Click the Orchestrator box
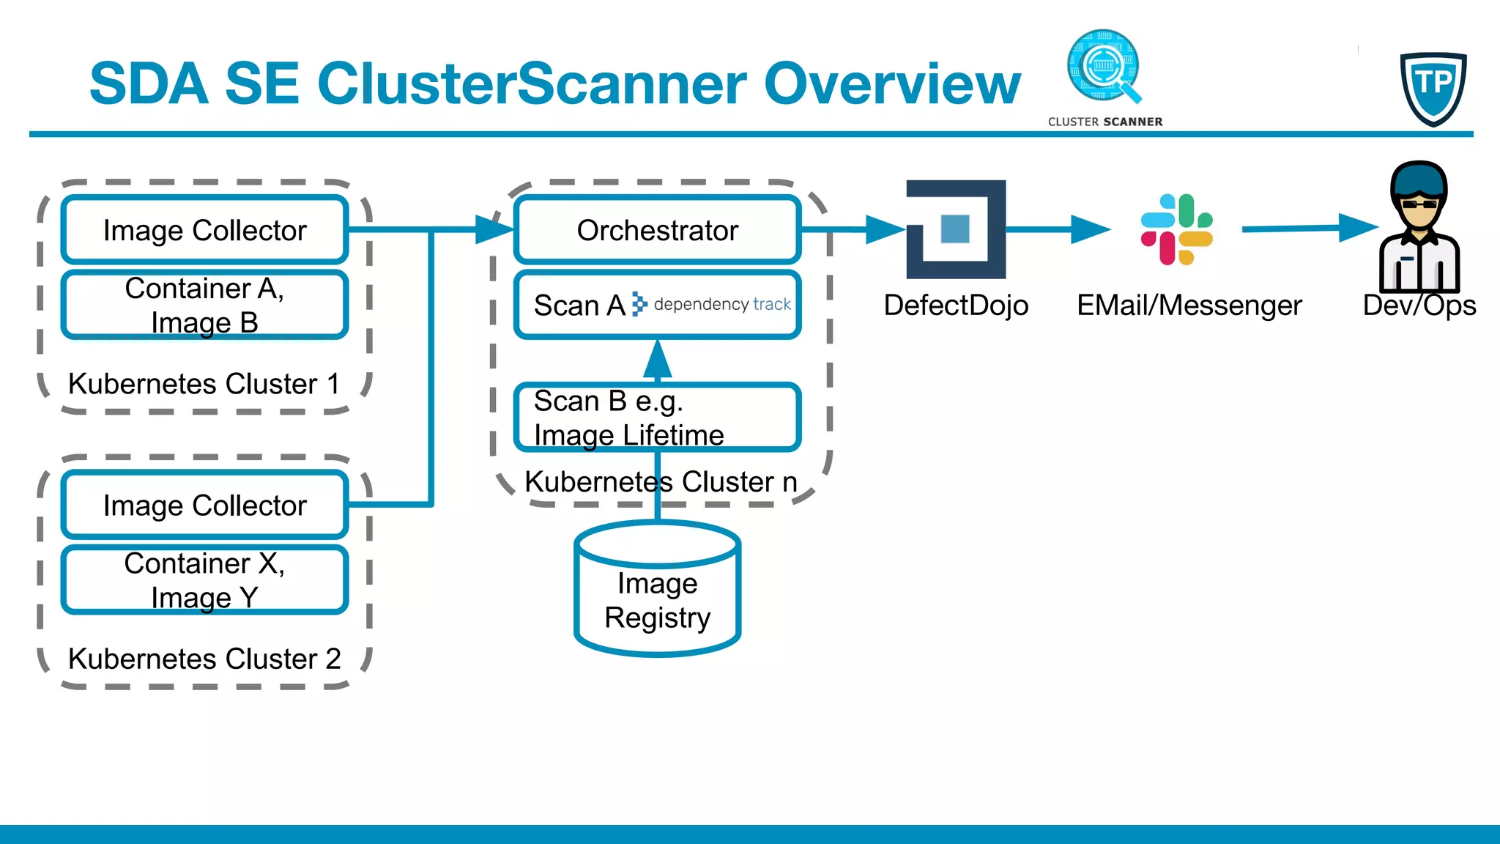[x=657, y=230]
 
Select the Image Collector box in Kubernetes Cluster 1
[x=204, y=230]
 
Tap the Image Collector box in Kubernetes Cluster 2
[x=204, y=506]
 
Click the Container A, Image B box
[x=204, y=306]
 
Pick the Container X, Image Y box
[x=204, y=580]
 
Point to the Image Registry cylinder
[x=657, y=590]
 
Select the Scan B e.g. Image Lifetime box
[x=657, y=418]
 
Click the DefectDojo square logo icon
[x=956, y=229]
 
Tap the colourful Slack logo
[x=1176, y=229]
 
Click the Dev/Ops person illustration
[x=1419, y=227]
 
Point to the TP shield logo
[x=1433, y=88]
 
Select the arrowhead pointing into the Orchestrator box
[x=494, y=229]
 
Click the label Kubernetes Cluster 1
[x=204, y=384]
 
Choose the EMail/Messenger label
[x=1189, y=306]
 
